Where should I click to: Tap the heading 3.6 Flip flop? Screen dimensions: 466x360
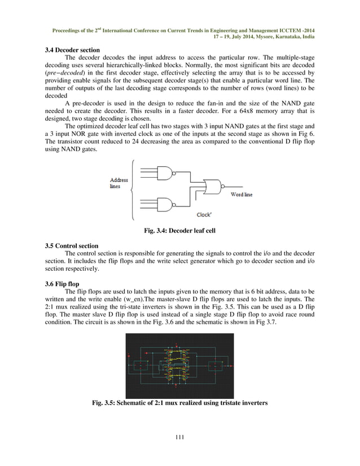(x=62, y=283)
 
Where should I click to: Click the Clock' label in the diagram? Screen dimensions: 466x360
(x=204, y=214)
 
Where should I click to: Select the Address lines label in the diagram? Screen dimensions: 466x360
(x=118, y=183)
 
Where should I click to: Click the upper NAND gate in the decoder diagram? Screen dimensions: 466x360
(x=165, y=173)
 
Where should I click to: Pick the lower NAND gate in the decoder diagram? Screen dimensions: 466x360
(x=165, y=204)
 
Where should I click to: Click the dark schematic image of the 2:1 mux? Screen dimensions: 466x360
(x=179, y=366)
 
